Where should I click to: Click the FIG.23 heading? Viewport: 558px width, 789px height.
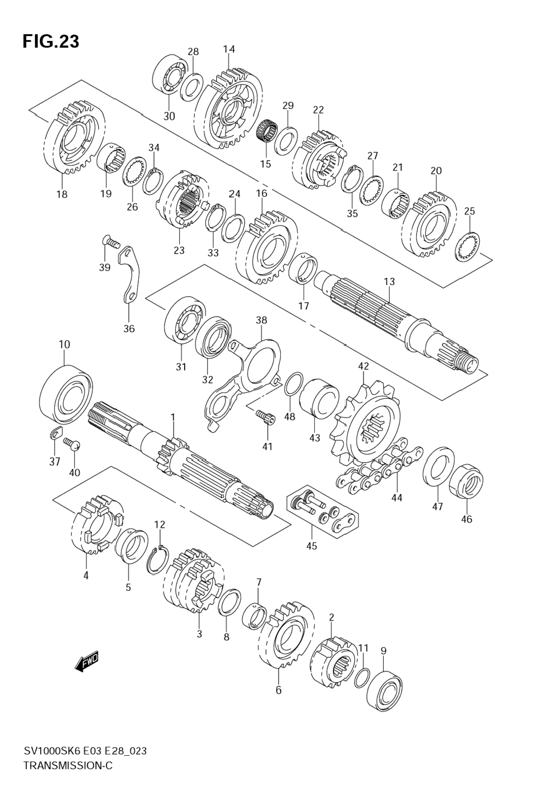tap(51, 42)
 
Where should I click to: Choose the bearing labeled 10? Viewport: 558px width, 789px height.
tap(66, 394)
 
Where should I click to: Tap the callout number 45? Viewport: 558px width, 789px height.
tap(311, 545)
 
